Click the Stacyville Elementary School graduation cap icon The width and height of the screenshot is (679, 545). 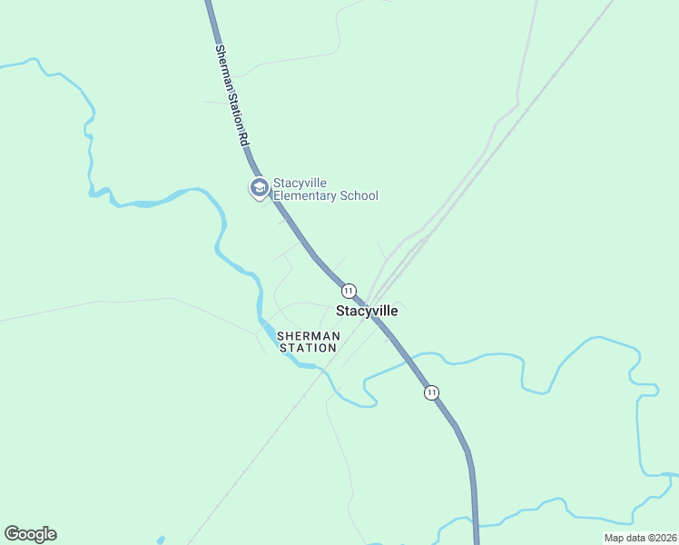(x=259, y=188)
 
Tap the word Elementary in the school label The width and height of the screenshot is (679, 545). (x=306, y=195)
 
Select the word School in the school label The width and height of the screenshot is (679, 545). (x=359, y=195)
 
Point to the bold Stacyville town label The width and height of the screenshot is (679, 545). (x=367, y=311)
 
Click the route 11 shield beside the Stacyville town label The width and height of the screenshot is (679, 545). (x=349, y=291)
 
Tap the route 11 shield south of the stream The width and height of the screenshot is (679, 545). (x=431, y=392)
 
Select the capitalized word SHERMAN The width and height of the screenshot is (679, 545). (x=309, y=336)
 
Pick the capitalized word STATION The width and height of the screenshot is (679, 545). (x=309, y=348)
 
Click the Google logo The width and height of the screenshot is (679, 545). (x=30, y=534)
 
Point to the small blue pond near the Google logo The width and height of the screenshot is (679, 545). (x=162, y=540)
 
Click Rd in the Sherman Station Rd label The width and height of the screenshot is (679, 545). (x=243, y=139)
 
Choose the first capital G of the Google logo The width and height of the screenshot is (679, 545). (x=11, y=534)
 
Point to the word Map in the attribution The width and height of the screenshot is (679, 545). (x=614, y=538)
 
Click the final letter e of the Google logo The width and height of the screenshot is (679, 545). (x=51, y=535)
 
